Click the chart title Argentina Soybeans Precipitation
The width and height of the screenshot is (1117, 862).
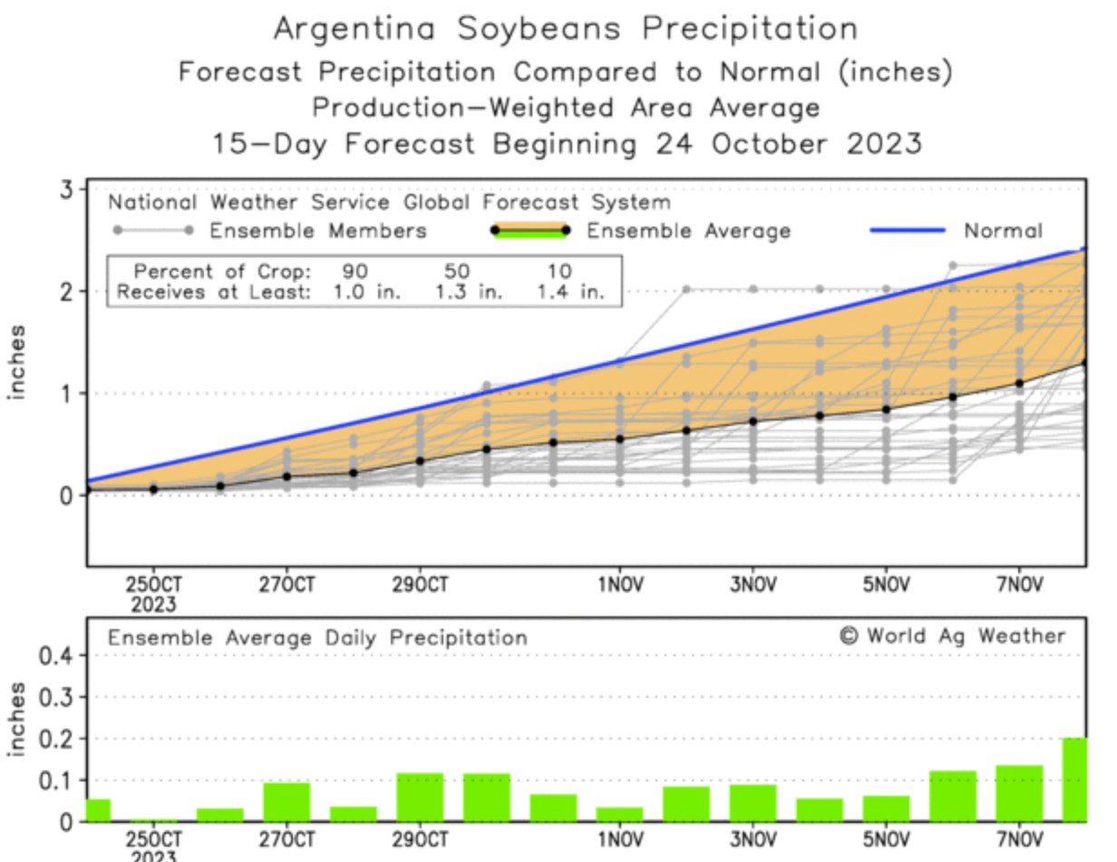(x=565, y=28)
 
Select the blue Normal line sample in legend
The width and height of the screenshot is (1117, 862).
(x=908, y=230)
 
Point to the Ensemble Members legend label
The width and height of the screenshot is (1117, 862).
(x=317, y=231)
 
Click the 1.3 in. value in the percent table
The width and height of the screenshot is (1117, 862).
(x=469, y=292)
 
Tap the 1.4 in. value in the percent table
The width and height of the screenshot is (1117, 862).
(x=568, y=292)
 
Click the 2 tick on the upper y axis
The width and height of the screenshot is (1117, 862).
(x=66, y=292)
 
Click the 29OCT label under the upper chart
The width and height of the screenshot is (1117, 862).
(x=420, y=583)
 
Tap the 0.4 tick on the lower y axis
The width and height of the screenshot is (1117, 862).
(x=52, y=655)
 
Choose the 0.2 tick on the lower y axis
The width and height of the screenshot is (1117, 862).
(x=52, y=739)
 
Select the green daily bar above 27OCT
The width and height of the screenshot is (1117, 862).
(x=287, y=802)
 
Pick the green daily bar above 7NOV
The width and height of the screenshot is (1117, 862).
(x=1019, y=794)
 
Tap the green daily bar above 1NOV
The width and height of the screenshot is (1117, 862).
(x=619, y=814)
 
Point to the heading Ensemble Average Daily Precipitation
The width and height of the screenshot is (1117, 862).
(x=317, y=638)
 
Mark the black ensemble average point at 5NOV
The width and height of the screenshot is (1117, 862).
(x=886, y=409)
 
